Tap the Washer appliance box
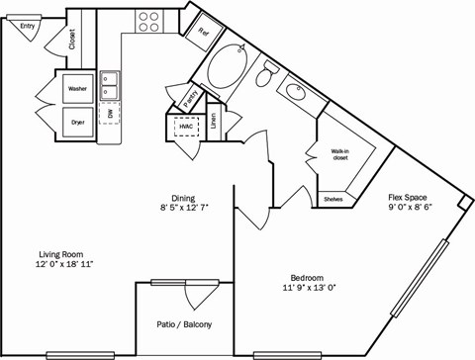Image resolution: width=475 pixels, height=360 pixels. click(x=78, y=89)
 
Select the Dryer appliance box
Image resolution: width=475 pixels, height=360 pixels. click(x=78, y=123)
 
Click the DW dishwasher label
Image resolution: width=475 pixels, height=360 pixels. click(x=111, y=115)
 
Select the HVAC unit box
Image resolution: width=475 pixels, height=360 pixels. click(x=186, y=127)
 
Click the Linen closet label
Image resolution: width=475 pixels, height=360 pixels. click(x=212, y=121)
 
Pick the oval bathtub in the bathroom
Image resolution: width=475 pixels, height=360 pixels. click(x=230, y=66)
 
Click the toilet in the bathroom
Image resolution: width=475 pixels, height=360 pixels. click(x=268, y=74)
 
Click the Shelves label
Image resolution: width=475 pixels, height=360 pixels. click(x=333, y=200)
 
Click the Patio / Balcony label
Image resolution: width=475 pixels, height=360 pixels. click(x=184, y=324)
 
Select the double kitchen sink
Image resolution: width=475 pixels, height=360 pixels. click(x=111, y=87)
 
